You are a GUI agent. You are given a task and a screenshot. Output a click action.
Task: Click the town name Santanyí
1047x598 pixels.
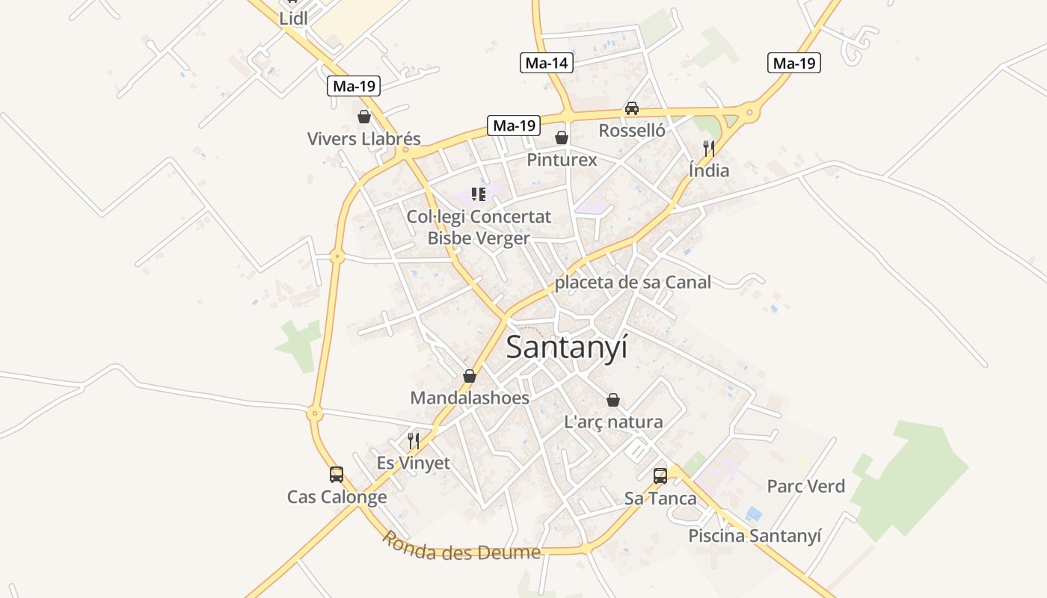coord(567,348)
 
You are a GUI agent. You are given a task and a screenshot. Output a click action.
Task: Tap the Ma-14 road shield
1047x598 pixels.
coord(547,63)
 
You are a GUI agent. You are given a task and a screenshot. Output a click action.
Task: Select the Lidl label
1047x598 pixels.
coord(293,19)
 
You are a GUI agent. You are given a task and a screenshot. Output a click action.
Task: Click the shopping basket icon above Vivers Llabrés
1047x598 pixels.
coord(364,117)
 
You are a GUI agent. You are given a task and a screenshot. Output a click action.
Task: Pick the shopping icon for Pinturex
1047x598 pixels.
coord(562,138)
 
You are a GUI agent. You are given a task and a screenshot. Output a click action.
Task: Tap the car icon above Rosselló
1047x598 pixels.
coord(632,108)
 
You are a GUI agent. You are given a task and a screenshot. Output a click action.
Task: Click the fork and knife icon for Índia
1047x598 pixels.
coord(709,148)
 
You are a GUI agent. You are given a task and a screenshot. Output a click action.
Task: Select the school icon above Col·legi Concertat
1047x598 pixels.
coord(479,195)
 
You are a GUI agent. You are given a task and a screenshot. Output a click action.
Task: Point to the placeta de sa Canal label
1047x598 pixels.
coord(633,283)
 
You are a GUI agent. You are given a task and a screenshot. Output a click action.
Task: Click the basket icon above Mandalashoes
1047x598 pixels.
coord(470,375)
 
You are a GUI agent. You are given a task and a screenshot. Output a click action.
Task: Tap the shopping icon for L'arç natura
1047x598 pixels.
coord(613,400)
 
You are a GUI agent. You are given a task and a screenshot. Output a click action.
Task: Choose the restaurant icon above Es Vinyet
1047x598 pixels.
coord(414,441)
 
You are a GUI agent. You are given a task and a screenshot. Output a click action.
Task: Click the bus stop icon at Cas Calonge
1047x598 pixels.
coord(337,474)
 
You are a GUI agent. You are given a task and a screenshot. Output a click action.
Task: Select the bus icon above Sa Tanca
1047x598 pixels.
coord(660,475)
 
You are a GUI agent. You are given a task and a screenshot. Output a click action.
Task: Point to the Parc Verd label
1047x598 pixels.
coord(806,487)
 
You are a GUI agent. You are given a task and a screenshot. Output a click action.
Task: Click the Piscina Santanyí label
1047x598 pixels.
coord(755,536)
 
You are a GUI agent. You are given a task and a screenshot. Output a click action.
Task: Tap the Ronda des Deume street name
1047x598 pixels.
coord(461,547)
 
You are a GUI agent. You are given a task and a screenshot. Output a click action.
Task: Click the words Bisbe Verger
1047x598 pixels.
coord(479,238)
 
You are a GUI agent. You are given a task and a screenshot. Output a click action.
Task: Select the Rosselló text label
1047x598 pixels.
coord(632,131)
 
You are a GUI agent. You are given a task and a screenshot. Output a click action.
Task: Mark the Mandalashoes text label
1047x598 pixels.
coord(470,398)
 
